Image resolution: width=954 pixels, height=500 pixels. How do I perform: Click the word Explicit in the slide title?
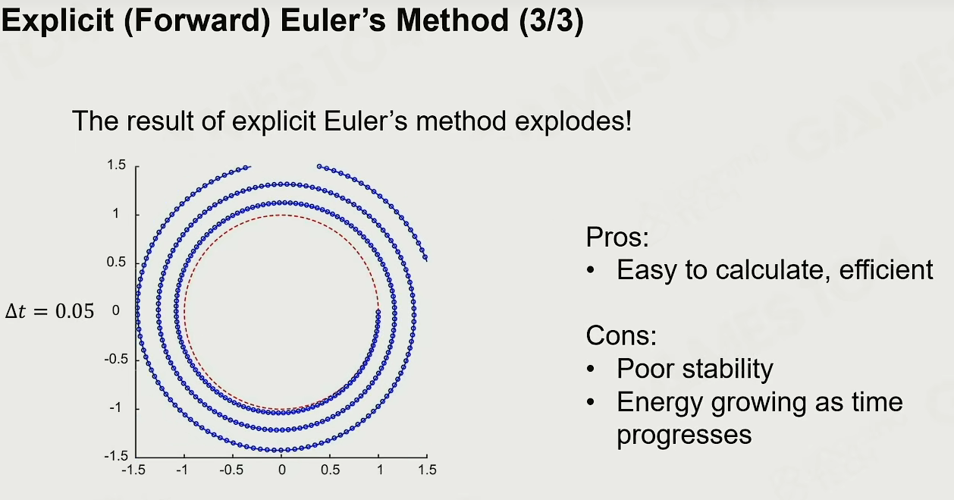pyautogui.click(x=58, y=21)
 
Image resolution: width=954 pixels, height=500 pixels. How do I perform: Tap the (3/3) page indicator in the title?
pyautogui.click(x=551, y=20)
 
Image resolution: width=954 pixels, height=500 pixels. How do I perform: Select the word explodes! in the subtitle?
pyautogui.click(x=573, y=121)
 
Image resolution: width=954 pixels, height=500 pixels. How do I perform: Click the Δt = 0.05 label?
pyautogui.click(x=49, y=311)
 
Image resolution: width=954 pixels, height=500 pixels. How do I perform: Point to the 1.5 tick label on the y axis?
pyautogui.click(x=116, y=165)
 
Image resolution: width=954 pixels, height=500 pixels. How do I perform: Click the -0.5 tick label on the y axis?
pyautogui.click(x=115, y=359)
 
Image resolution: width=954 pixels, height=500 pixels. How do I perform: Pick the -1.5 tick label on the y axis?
pyautogui.click(x=116, y=456)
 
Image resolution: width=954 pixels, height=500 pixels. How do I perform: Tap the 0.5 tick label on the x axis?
pyautogui.click(x=331, y=470)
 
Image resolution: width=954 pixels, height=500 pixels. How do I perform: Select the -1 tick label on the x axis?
pyautogui.click(x=182, y=470)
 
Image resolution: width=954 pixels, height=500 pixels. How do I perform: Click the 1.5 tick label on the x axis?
pyautogui.click(x=427, y=470)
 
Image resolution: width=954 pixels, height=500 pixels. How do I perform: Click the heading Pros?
pyautogui.click(x=617, y=237)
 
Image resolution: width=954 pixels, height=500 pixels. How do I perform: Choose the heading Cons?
pyautogui.click(x=621, y=335)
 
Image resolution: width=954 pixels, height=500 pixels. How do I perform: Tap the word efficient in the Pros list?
pyautogui.click(x=886, y=269)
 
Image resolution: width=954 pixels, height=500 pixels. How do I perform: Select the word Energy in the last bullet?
pyautogui.click(x=660, y=403)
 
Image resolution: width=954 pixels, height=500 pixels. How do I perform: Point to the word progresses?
pyautogui.click(x=685, y=436)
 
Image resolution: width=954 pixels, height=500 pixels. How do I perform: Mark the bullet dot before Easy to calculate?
pyautogui.click(x=591, y=270)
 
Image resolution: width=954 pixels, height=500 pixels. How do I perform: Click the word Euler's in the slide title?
pyautogui.click(x=334, y=20)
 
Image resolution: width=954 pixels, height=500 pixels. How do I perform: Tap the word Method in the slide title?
pyautogui.click(x=452, y=20)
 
